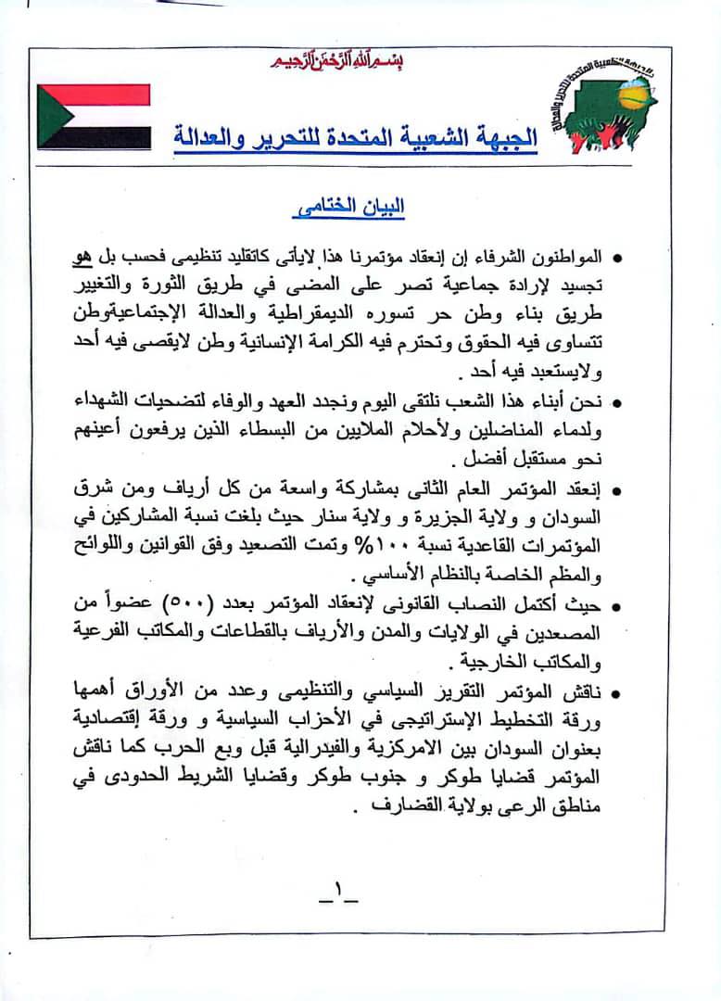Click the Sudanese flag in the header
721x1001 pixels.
point(94,117)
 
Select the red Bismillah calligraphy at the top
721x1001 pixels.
point(337,61)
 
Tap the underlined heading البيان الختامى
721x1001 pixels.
point(353,209)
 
